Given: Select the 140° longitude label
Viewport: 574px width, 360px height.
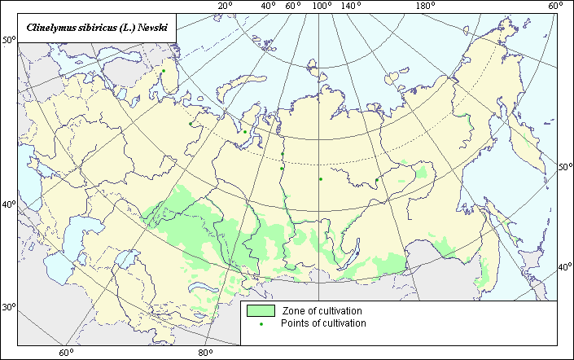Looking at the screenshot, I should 351,7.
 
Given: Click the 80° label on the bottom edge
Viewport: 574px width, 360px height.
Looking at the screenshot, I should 205,353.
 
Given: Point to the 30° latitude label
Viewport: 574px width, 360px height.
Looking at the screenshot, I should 9,307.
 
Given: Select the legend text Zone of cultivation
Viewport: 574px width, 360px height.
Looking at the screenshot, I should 322,311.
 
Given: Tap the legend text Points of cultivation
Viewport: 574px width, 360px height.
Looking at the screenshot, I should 323,323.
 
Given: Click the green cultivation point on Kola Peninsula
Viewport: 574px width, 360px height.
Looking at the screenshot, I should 164,71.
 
